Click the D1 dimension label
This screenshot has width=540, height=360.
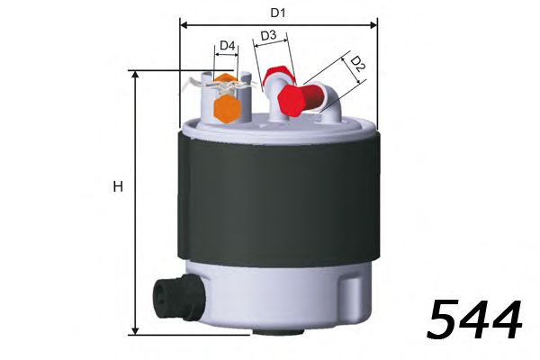pos(279,13)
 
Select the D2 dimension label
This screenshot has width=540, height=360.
pos(357,64)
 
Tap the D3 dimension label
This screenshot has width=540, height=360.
pos(268,36)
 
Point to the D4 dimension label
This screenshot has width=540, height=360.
pos(227,45)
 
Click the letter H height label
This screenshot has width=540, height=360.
pos(117,187)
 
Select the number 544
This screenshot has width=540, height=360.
pos(473,319)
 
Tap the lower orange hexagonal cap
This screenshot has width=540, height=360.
pos(226,109)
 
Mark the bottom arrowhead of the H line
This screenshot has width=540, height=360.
pos(135,330)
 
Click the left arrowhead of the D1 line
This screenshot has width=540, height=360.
pos(184,22)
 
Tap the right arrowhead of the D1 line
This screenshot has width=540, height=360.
pos(374,22)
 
